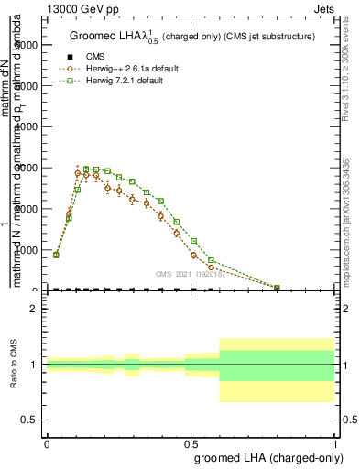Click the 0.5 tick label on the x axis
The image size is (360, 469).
[x=191, y=442]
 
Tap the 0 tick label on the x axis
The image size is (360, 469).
[x=47, y=442]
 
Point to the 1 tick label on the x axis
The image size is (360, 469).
[x=334, y=442]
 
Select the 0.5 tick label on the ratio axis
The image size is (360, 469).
[x=29, y=420]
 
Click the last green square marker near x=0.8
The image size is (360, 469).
[x=277, y=288]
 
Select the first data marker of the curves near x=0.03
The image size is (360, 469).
[x=56, y=255]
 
